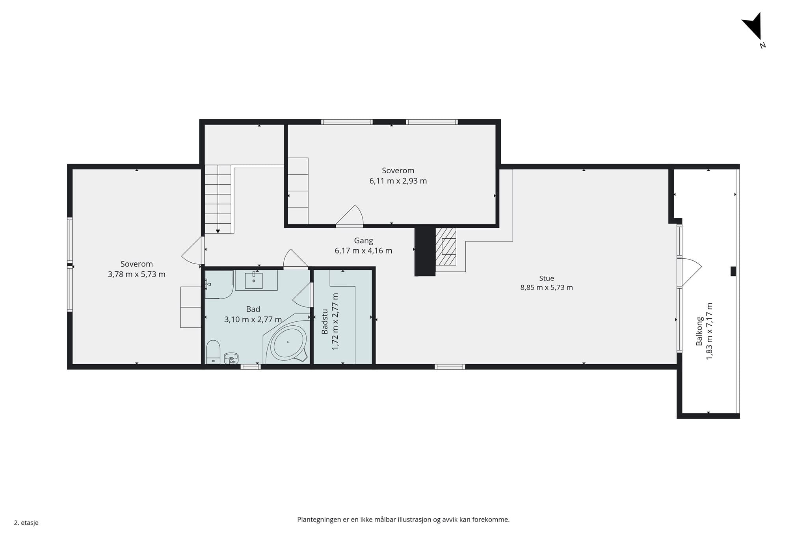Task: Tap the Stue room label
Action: [547, 278]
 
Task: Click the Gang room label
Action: [363, 241]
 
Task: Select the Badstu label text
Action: [325, 321]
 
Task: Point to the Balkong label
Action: [699, 331]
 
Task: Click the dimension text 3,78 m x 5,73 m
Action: [137, 274]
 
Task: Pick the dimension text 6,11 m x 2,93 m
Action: [398, 181]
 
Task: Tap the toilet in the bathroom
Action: [213, 352]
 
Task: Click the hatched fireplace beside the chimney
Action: [446, 247]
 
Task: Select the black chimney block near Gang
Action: [425, 251]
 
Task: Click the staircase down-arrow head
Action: [218, 231]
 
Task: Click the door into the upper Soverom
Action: [350, 216]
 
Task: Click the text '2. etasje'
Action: [26, 523]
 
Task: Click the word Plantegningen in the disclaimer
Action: [319, 520]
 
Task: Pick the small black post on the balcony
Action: [733, 271]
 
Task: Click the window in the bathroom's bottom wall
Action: [251, 367]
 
